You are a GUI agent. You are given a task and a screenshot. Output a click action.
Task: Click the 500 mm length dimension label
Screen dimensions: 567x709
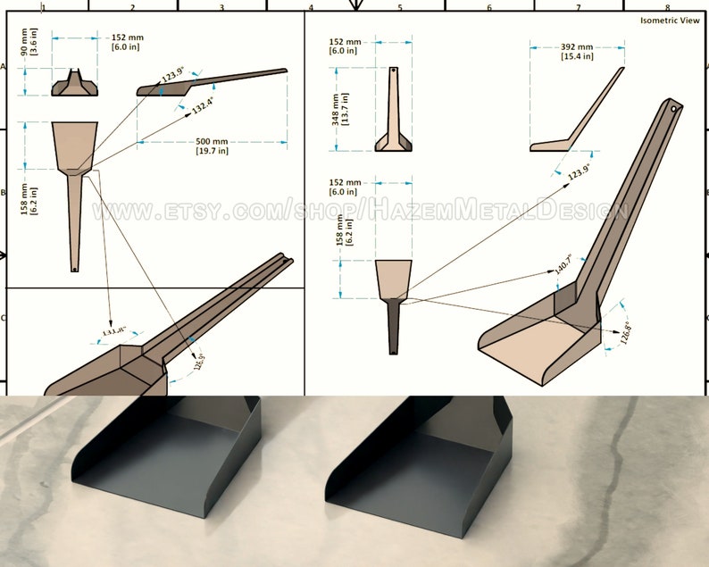click(x=212, y=146)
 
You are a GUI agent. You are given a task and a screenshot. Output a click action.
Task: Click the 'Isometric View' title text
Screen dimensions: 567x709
click(x=670, y=21)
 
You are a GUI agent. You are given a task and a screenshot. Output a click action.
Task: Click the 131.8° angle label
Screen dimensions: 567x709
click(x=113, y=331)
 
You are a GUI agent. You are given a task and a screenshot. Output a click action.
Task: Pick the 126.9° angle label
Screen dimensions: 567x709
click(x=197, y=362)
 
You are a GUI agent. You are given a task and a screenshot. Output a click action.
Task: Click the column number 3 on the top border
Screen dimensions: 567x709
click(x=221, y=7)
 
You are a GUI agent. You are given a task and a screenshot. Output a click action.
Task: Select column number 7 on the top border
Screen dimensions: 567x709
click(x=578, y=7)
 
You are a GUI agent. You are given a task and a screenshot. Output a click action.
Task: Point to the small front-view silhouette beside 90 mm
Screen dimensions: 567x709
click(x=74, y=82)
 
